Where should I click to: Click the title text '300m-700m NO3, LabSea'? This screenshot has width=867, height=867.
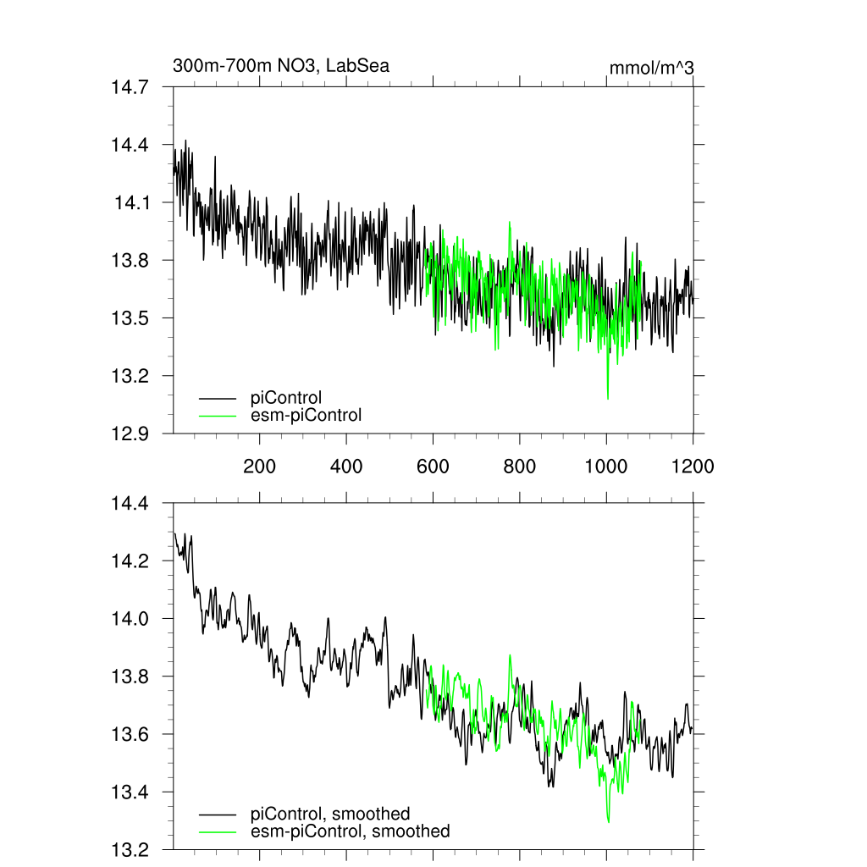click(x=281, y=66)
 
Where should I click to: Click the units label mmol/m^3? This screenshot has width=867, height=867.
click(x=652, y=68)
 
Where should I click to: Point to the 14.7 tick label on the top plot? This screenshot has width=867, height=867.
click(x=130, y=86)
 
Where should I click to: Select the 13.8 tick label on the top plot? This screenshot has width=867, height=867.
click(x=130, y=260)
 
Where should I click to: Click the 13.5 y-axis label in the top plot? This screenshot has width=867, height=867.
click(x=130, y=318)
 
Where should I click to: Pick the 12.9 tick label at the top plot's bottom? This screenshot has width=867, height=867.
click(x=130, y=433)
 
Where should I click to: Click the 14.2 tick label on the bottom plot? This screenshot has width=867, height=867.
click(x=130, y=561)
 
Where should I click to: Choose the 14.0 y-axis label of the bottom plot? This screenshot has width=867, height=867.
click(x=130, y=619)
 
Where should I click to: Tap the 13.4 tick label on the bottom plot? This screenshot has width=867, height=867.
click(x=130, y=792)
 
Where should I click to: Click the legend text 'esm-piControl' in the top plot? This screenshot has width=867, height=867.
click(x=306, y=415)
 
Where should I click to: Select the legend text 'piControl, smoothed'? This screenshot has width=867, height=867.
click(x=330, y=815)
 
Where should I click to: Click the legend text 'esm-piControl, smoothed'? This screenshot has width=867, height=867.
click(x=350, y=831)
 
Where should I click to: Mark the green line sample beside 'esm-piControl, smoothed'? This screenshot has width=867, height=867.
click(x=218, y=832)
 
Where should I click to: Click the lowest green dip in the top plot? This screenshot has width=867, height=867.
click(x=608, y=397)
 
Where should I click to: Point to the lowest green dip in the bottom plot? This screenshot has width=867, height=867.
click(x=608, y=821)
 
